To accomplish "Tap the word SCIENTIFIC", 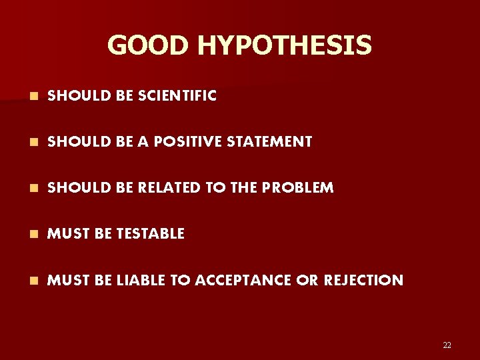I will [x=177, y=96].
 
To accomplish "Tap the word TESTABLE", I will [x=150, y=233].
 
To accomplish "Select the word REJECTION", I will [x=364, y=280].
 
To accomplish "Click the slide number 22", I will [x=447, y=345].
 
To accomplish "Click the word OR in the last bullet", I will [x=308, y=280].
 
